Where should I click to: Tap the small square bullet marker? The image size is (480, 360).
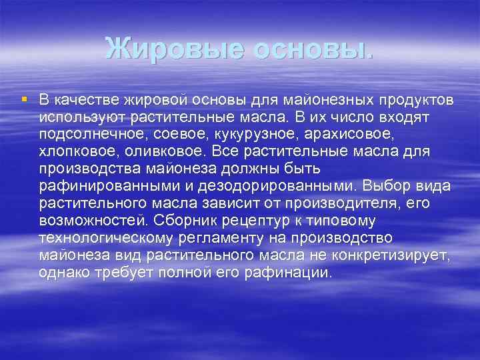pos(24,99)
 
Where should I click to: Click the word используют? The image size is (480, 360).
pos(79,117)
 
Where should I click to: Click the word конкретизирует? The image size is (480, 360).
pos(397,254)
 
